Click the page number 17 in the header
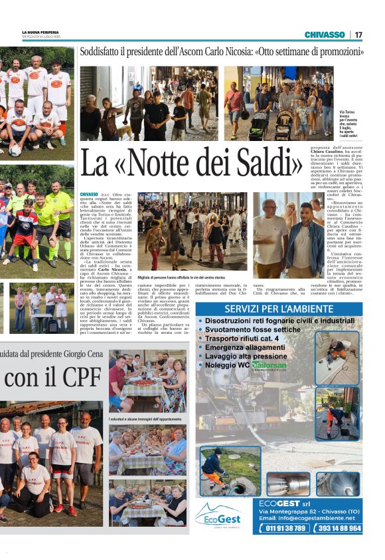358,35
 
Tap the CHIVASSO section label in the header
325,35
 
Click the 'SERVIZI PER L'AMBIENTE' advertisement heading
278,309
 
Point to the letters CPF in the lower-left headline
69,376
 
